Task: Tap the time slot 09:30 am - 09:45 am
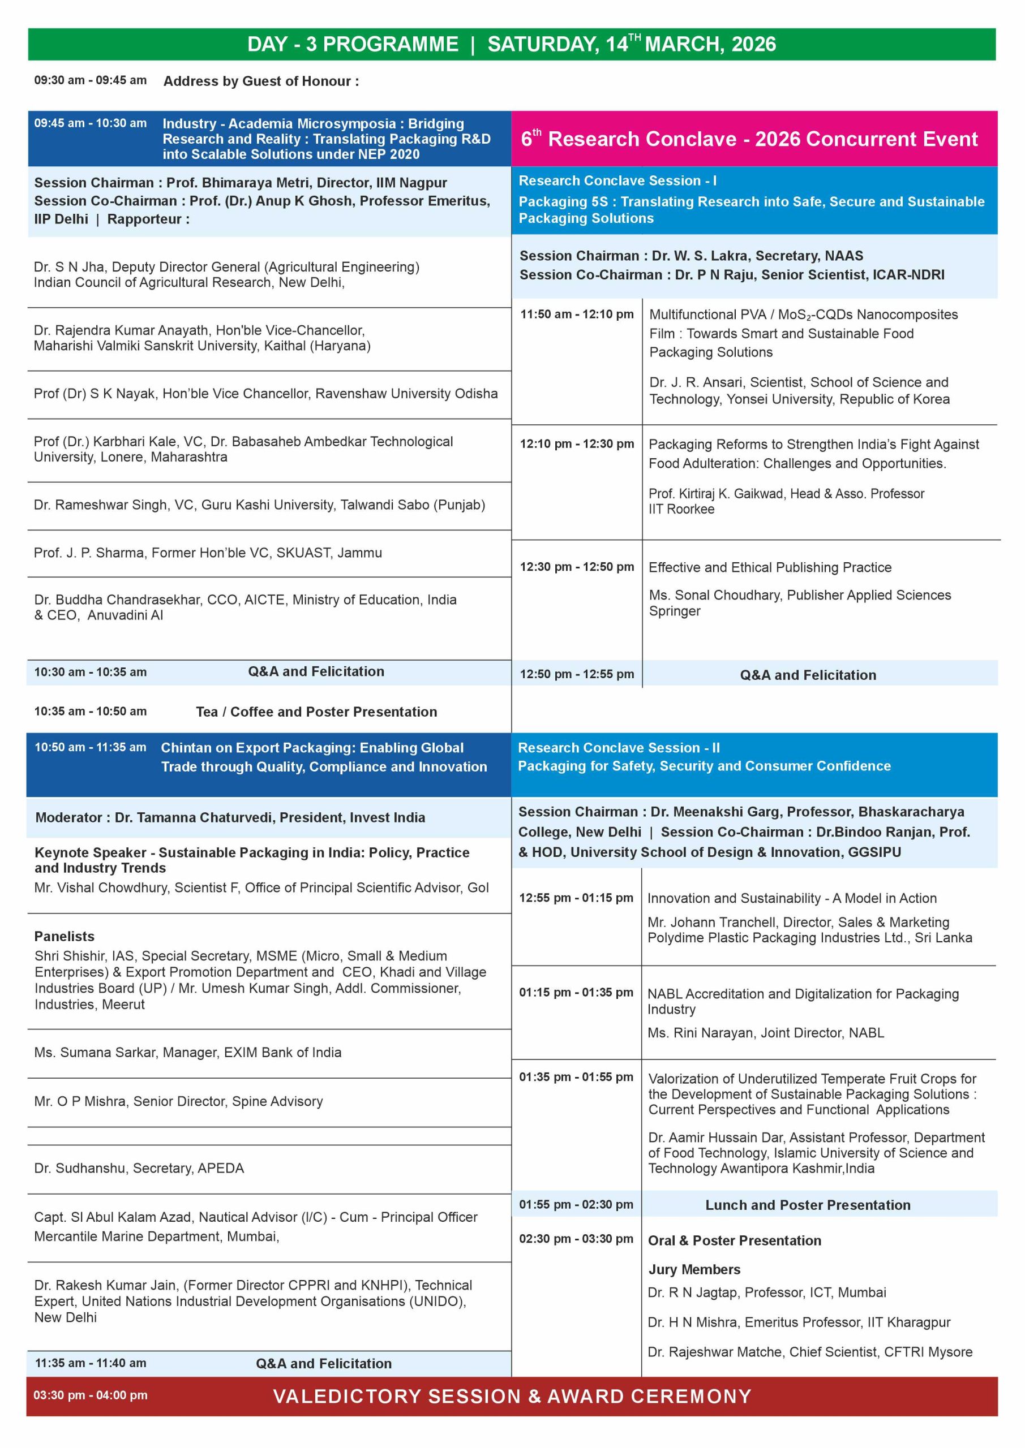90,80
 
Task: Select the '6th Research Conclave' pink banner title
749,139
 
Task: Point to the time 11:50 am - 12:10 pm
576,314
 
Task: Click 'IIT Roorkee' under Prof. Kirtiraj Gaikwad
681,509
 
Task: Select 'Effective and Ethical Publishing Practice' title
769,567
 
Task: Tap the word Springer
674,610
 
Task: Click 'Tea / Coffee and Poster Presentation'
316,712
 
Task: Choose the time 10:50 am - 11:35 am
90,747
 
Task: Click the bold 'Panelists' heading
65,936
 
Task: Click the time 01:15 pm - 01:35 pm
576,992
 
